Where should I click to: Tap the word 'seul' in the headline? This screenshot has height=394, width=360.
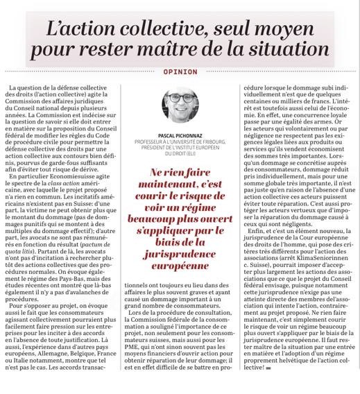pyautogui.click(x=246, y=27)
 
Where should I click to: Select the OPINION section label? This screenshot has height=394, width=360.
pyautogui.click(x=180, y=71)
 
